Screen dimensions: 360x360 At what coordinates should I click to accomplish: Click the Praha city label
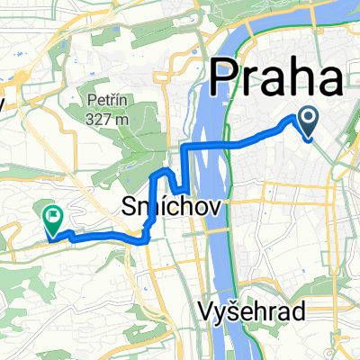(x=277, y=81)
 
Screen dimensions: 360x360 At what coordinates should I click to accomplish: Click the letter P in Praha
(x=227, y=81)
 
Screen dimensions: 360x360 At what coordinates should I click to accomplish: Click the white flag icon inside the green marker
(x=52, y=216)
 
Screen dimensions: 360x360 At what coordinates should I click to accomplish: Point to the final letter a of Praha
(x=328, y=84)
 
